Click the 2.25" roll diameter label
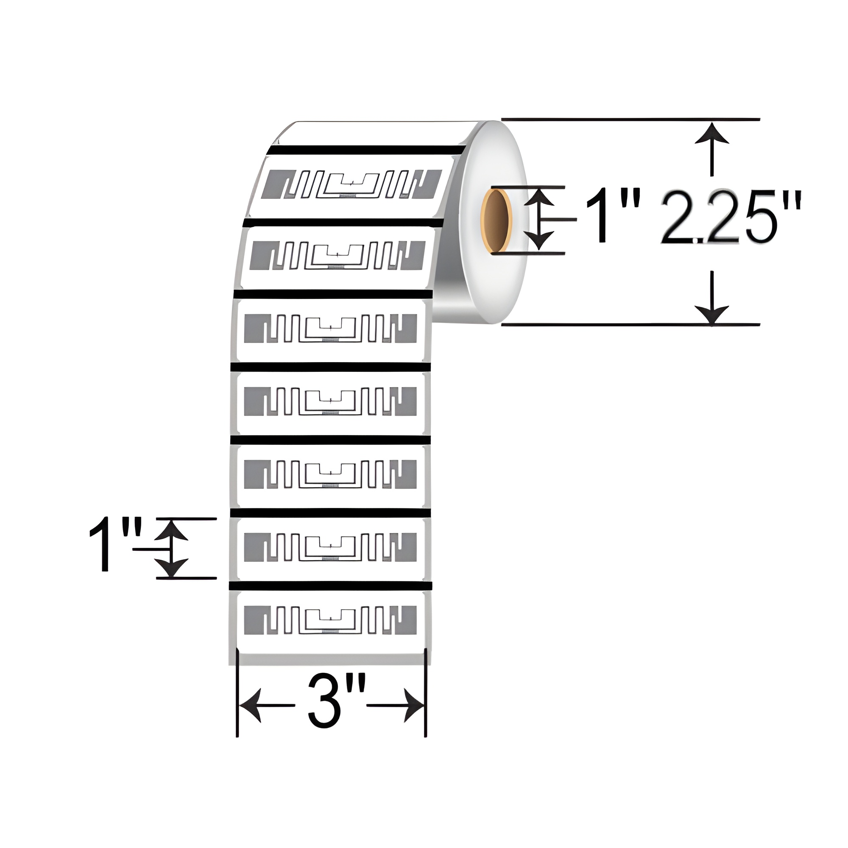click(731, 217)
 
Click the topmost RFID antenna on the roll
click(351, 184)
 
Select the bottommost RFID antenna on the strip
click(329, 620)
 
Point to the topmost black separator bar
click(368, 150)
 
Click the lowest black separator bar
click(330, 586)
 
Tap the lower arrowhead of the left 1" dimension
click(172, 567)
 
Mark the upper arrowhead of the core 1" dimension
click(539, 198)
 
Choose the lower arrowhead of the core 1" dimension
click(539, 240)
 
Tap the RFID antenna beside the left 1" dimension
click(329, 547)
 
